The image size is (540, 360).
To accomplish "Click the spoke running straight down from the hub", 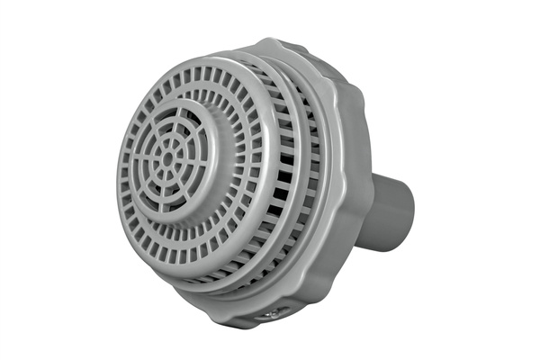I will pos(166,182).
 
